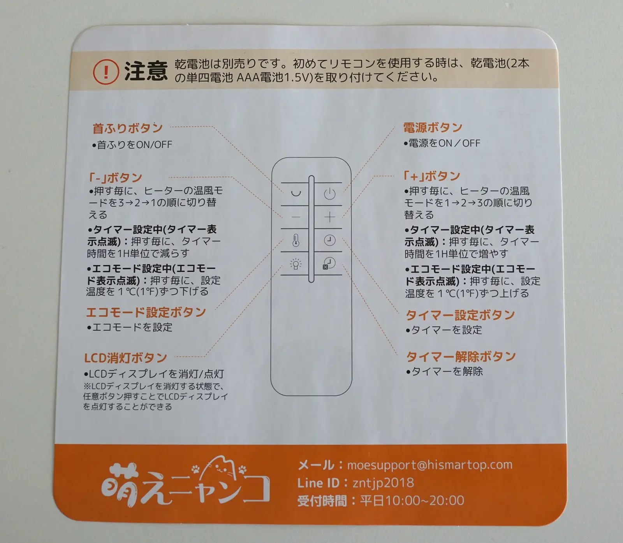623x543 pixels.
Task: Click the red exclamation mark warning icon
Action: pos(106,72)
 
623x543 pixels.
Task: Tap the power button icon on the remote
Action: pos(329,194)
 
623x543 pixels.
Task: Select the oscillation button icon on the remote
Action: pos(296,193)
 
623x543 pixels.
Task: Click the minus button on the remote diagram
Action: pos(296,217)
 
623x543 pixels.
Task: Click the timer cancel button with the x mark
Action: pos(329,263)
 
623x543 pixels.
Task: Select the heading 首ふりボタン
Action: pos(127,128)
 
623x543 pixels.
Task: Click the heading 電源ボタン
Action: pos(433,127)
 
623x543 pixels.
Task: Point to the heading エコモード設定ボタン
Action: pos(146,312)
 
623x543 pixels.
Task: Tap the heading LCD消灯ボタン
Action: pos(125,358)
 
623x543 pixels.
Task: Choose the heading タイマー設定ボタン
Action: pos(460,315)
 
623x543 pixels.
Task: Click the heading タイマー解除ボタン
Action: pos(461,356)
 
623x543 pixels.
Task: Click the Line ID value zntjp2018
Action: pos(383,483)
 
